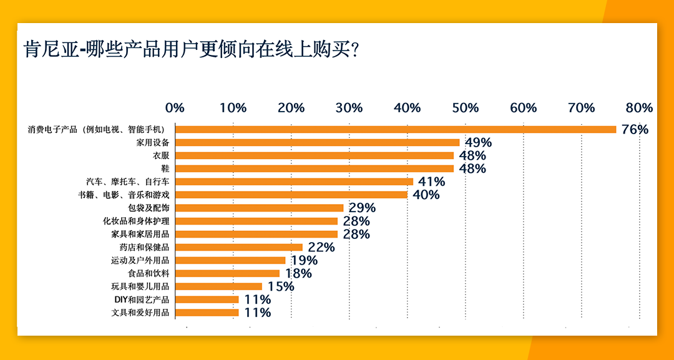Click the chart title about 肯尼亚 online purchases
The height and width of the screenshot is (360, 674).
190,49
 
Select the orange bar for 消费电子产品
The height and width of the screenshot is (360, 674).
396,129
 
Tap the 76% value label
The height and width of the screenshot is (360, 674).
635,130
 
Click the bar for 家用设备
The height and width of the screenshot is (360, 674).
317,142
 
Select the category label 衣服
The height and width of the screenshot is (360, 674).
161,155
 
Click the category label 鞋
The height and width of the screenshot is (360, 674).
165,168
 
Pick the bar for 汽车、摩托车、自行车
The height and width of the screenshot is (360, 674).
294,182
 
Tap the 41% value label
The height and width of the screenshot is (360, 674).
431,182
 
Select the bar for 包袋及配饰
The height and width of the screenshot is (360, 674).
259,208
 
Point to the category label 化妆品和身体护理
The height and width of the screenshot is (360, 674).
136,221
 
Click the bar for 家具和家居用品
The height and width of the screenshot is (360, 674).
256,234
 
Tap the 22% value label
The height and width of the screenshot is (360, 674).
321,248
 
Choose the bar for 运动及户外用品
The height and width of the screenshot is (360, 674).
230,260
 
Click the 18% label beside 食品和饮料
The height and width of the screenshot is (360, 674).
298,274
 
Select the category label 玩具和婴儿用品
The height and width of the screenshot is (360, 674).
140,286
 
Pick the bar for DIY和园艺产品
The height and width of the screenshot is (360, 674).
207,299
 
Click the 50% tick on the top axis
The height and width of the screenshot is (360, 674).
466,108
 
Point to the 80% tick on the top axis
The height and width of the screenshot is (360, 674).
639,108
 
